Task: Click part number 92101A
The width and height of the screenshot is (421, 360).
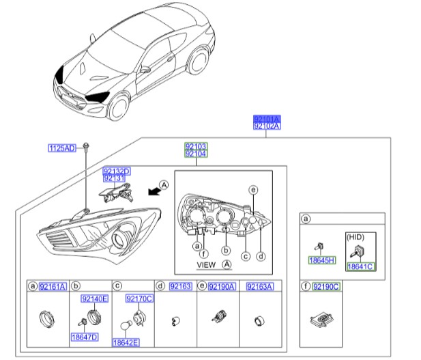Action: (267, 119)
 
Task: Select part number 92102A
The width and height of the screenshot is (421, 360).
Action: (267, 126)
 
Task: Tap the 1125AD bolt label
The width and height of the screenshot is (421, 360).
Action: (61, 148)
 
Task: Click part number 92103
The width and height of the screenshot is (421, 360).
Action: (196, 146)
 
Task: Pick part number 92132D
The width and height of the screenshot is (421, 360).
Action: (116, 171)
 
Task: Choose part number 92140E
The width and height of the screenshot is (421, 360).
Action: (94, 299)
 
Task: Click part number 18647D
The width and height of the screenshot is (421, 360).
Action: (85, 337)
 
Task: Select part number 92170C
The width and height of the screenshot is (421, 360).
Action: (139, 299)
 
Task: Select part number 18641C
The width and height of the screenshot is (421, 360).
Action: (360, 266)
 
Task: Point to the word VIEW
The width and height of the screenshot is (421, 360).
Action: (206, 264)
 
